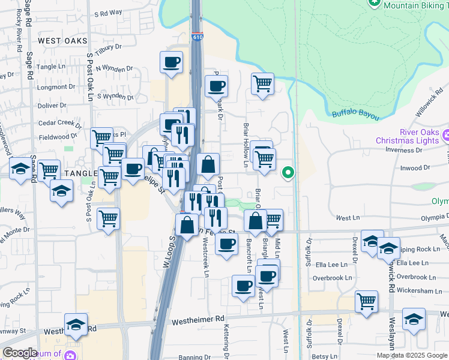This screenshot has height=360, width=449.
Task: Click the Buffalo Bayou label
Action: coord(356,114)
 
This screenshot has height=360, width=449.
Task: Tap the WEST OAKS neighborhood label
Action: coord(62,41)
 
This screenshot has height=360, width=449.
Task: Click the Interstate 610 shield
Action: coord(197,37)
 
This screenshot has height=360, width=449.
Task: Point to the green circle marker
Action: coord(288,173)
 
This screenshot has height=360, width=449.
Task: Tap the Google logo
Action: coord(20,353)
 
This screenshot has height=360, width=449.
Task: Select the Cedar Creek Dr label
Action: coord(59,124)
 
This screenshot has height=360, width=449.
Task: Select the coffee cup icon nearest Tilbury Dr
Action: coord(172,62)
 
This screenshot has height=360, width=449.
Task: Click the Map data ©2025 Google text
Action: coord(411,355)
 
